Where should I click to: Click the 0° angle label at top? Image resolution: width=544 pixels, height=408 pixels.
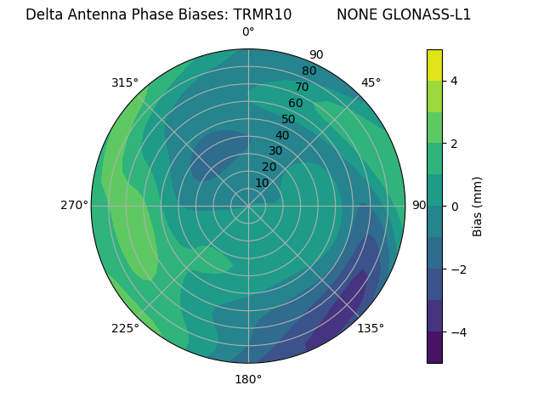(248, 32)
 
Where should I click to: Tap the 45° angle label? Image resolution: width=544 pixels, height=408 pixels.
(371, 82)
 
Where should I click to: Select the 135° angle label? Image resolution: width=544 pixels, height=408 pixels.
(371, 328)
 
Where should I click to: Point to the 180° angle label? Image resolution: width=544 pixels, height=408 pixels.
(248, 379)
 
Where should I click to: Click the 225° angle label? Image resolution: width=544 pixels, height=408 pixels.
(125, 329)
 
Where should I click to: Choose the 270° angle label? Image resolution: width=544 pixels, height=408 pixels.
(74, 205)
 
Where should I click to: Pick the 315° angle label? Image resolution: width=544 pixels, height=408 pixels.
(125, 82)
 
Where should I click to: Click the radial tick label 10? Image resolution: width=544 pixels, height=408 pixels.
(262, 183)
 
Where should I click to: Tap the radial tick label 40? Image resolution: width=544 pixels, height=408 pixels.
(282, 135)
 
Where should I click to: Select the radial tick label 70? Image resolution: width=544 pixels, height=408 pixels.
(302, 87)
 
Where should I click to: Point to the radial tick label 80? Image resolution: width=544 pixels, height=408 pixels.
(309, 71)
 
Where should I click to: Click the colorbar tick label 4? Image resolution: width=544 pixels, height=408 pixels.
(454, 81)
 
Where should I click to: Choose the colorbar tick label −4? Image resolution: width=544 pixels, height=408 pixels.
(456, 331)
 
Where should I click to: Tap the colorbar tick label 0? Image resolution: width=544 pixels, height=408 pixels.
(454, 207)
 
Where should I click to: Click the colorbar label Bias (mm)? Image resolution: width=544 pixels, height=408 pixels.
(478, 207)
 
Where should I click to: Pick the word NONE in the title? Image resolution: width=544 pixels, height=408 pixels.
(356, 14)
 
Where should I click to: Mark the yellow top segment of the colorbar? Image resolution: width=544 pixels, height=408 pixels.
(434, 65)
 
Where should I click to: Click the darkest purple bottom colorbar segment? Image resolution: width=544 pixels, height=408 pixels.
(434, 348)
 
